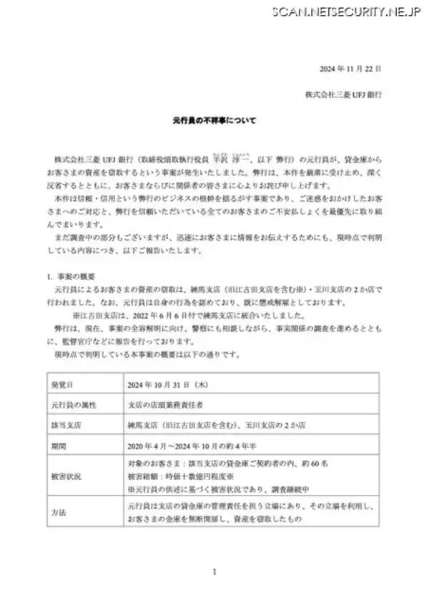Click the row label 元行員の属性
click(74, 403)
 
